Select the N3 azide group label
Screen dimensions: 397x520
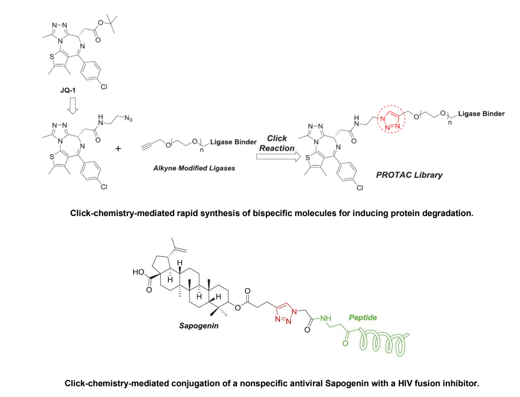tap(128, 119)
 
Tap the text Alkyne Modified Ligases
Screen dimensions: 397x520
tap(194, 168)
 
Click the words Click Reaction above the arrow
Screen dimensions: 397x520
tap(277, 143)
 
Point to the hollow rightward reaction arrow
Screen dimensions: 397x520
tap(277, 157)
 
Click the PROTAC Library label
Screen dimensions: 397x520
tap(409, 175)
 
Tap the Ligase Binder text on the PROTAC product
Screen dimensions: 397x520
tap(481, 114)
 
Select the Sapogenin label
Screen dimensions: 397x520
tap(199, 326)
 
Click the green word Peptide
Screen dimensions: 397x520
tap(363, 318)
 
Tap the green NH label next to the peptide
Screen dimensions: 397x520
tap(327, 319)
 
